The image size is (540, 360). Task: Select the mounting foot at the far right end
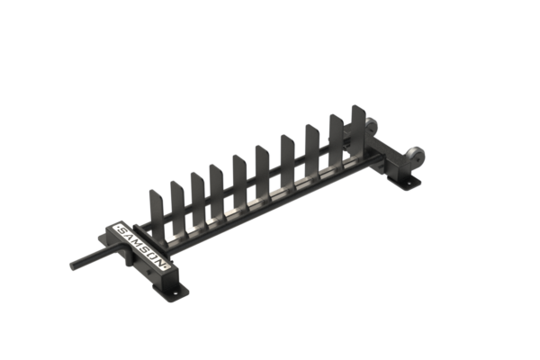pos(410,183)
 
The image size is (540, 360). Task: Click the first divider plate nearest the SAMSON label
pos(152,206)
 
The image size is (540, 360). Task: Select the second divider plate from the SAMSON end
pos(174,196)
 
